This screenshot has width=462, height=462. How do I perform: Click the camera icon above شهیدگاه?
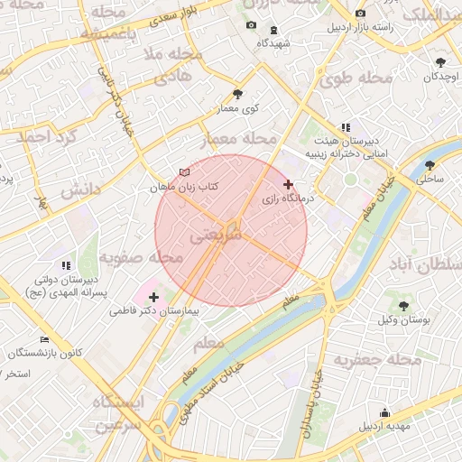tap(251, 24)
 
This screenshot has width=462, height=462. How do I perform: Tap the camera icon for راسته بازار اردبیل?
tap(361, 14)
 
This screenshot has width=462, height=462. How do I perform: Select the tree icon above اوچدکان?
tap(440, 62)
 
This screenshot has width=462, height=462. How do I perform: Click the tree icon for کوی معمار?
tap(237, 94)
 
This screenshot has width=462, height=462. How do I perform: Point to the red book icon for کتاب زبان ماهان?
tap(185, 171)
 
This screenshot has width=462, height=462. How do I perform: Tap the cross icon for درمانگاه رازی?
tap(288, 184)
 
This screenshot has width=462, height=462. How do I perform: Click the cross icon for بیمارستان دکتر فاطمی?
tap(153, 296)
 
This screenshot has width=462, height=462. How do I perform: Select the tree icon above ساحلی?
tap(430, 165)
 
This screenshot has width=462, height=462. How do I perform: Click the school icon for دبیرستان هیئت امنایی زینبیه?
tap(345, 128)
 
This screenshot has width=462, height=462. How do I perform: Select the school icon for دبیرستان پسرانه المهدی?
tap(65, 265)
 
